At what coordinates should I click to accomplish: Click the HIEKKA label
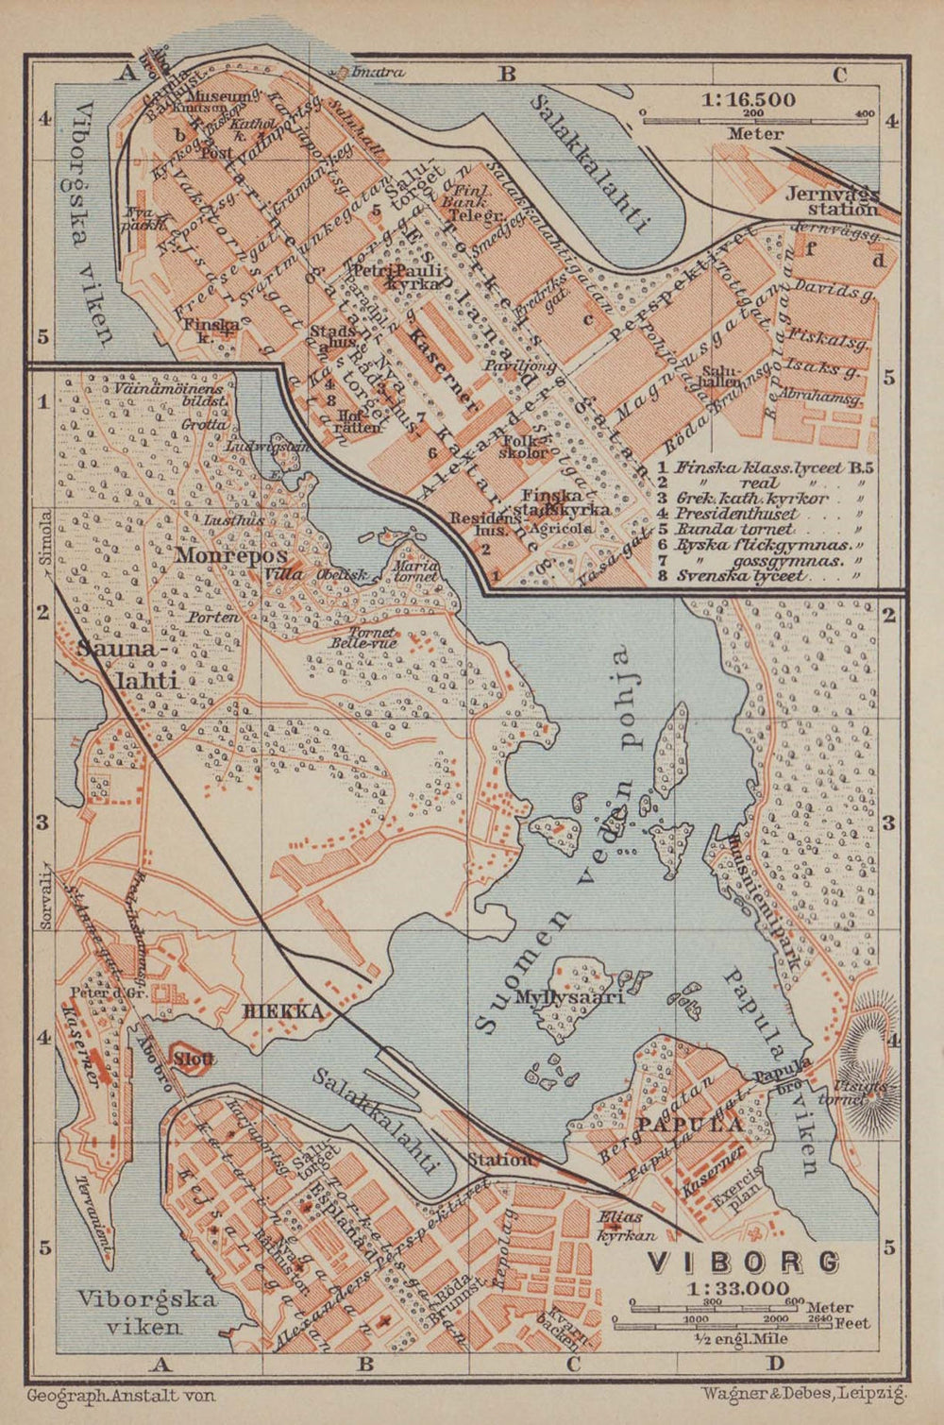pyautogui.click(x=283, y=1012)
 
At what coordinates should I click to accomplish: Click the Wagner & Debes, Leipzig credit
pyautogui.click(x=804, y=1391)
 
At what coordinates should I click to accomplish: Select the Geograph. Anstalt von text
pyautogui.click(x=121, y=1394)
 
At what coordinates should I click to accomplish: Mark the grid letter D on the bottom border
pyautogui.click(x=775, y=1362)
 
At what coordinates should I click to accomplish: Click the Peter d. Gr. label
pyautogui.click(x=97, y=992)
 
